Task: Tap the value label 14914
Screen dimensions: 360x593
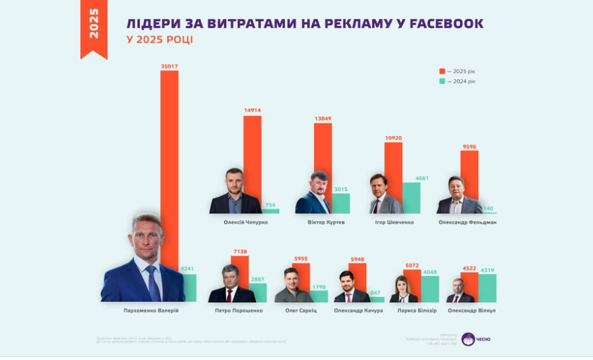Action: (x=252, y=110)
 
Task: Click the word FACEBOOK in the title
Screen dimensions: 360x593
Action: (x=445, y=24)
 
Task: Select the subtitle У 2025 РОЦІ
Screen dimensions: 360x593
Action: (x=160, y=40)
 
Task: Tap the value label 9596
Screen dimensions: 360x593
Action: (x=469, y=146)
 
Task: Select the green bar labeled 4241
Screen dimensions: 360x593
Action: (x=187, y=288)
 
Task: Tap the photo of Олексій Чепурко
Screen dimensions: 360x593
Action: (x=235, y=192)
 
